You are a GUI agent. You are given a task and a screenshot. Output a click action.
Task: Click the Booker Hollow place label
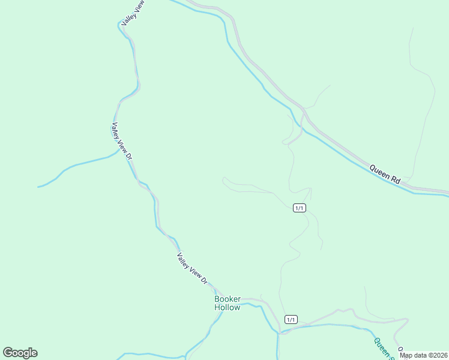point(228,303)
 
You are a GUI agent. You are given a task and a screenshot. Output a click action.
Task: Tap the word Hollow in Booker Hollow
point(228,308)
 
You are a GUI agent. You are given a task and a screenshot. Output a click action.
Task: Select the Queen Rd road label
point(385,174)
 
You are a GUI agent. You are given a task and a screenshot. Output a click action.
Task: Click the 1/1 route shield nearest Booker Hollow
point(291,320)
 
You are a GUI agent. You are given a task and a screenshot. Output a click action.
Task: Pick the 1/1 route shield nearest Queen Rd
point(300,208)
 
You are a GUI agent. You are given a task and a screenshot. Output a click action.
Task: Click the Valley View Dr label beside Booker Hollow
point(192,268)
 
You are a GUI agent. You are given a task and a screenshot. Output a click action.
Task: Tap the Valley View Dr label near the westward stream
point(121,141)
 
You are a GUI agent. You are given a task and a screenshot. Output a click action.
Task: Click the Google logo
point(20,353)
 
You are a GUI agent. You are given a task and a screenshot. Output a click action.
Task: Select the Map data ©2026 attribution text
point(424,355)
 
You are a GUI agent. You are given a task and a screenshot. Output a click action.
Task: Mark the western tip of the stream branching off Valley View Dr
point(38,187)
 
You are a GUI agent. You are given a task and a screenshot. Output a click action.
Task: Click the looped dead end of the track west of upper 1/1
point(224,179)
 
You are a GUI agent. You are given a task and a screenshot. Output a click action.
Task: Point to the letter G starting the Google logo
point(8,353)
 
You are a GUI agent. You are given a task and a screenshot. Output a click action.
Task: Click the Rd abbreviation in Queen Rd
point(395,179)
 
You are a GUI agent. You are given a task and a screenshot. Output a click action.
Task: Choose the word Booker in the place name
point(228,299)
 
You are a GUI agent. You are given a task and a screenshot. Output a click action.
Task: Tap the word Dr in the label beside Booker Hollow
point(203,280)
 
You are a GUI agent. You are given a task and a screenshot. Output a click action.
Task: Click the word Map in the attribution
point(406,355)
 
